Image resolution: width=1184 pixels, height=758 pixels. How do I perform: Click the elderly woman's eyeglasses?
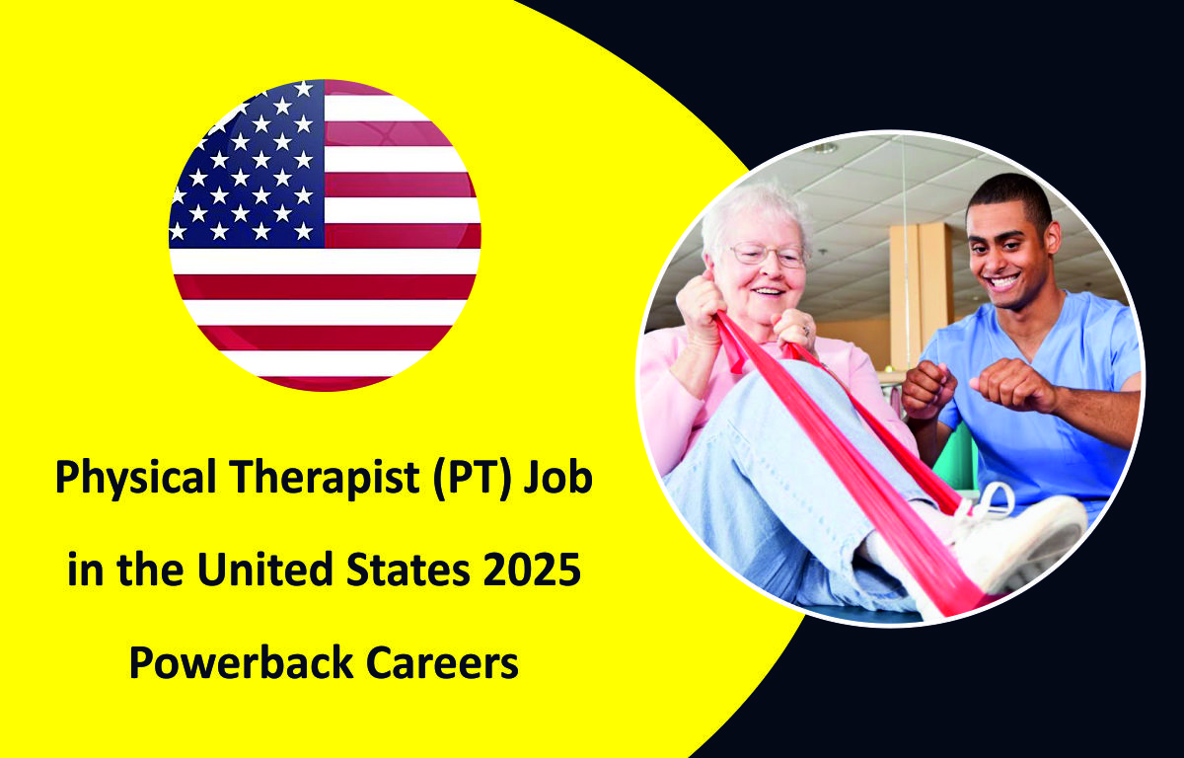click(767, 256)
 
